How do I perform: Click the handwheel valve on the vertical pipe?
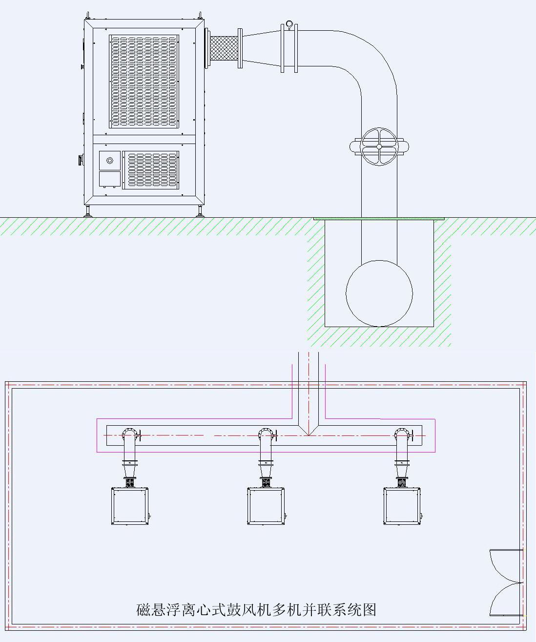tap(379, 146)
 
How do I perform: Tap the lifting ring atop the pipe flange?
tap(289, 24)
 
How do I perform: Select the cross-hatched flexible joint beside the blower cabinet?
tap(224, 48)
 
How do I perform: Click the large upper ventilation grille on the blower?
tap(144, 81)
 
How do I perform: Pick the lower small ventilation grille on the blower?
tap(151, 170)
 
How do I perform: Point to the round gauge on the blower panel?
tap(109, 160)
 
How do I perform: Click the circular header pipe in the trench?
tap(379, 293)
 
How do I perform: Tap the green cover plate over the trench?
tap(379, 219)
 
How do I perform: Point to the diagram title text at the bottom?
tap(256, 610)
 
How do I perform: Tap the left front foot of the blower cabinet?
tap(88, 211)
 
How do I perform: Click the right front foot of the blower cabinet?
tap(200, 211)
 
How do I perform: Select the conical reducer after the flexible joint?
tap(262, 48)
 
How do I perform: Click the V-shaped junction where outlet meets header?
tap(309, 431)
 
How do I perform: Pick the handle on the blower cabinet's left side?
tap(81, 160)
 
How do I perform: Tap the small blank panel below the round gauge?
tap(109, 179)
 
